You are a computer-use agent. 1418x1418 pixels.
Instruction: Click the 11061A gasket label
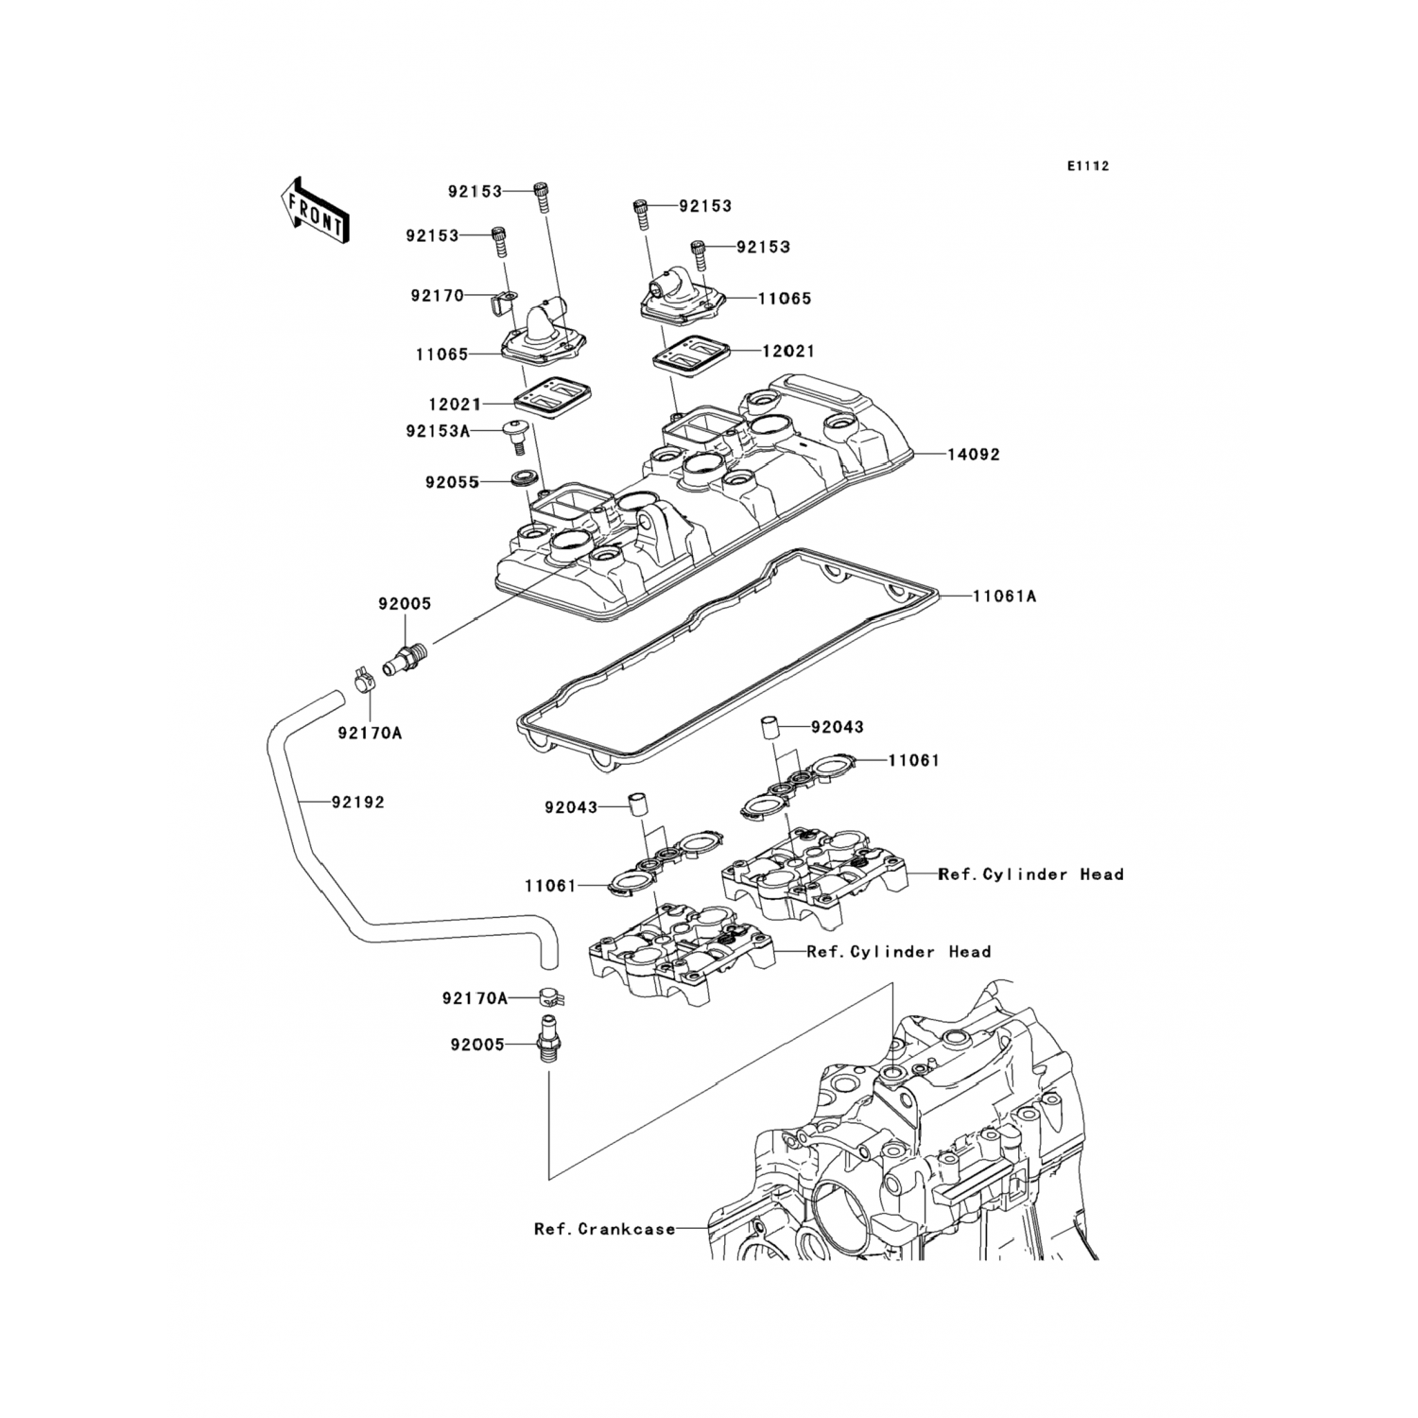(1004, 597)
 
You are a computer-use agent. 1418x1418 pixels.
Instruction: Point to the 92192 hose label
(357, 803)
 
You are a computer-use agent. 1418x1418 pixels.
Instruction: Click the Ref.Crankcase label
(605, 1229)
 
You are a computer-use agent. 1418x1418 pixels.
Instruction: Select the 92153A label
(438, 431)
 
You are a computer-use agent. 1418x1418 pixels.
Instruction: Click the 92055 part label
(453, 482)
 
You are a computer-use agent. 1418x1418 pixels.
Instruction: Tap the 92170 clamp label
(437, 296)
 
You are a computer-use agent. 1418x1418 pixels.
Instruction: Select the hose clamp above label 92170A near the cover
(358, 678)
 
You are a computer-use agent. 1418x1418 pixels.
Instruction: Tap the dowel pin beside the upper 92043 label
(770, 729)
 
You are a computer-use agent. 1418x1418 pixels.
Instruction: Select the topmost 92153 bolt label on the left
(475, 191)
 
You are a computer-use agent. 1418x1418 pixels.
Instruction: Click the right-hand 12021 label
(788, 351)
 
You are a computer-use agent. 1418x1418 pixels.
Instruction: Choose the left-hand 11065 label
(441, 355)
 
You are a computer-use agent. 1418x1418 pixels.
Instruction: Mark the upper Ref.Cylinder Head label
(1030, 874)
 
